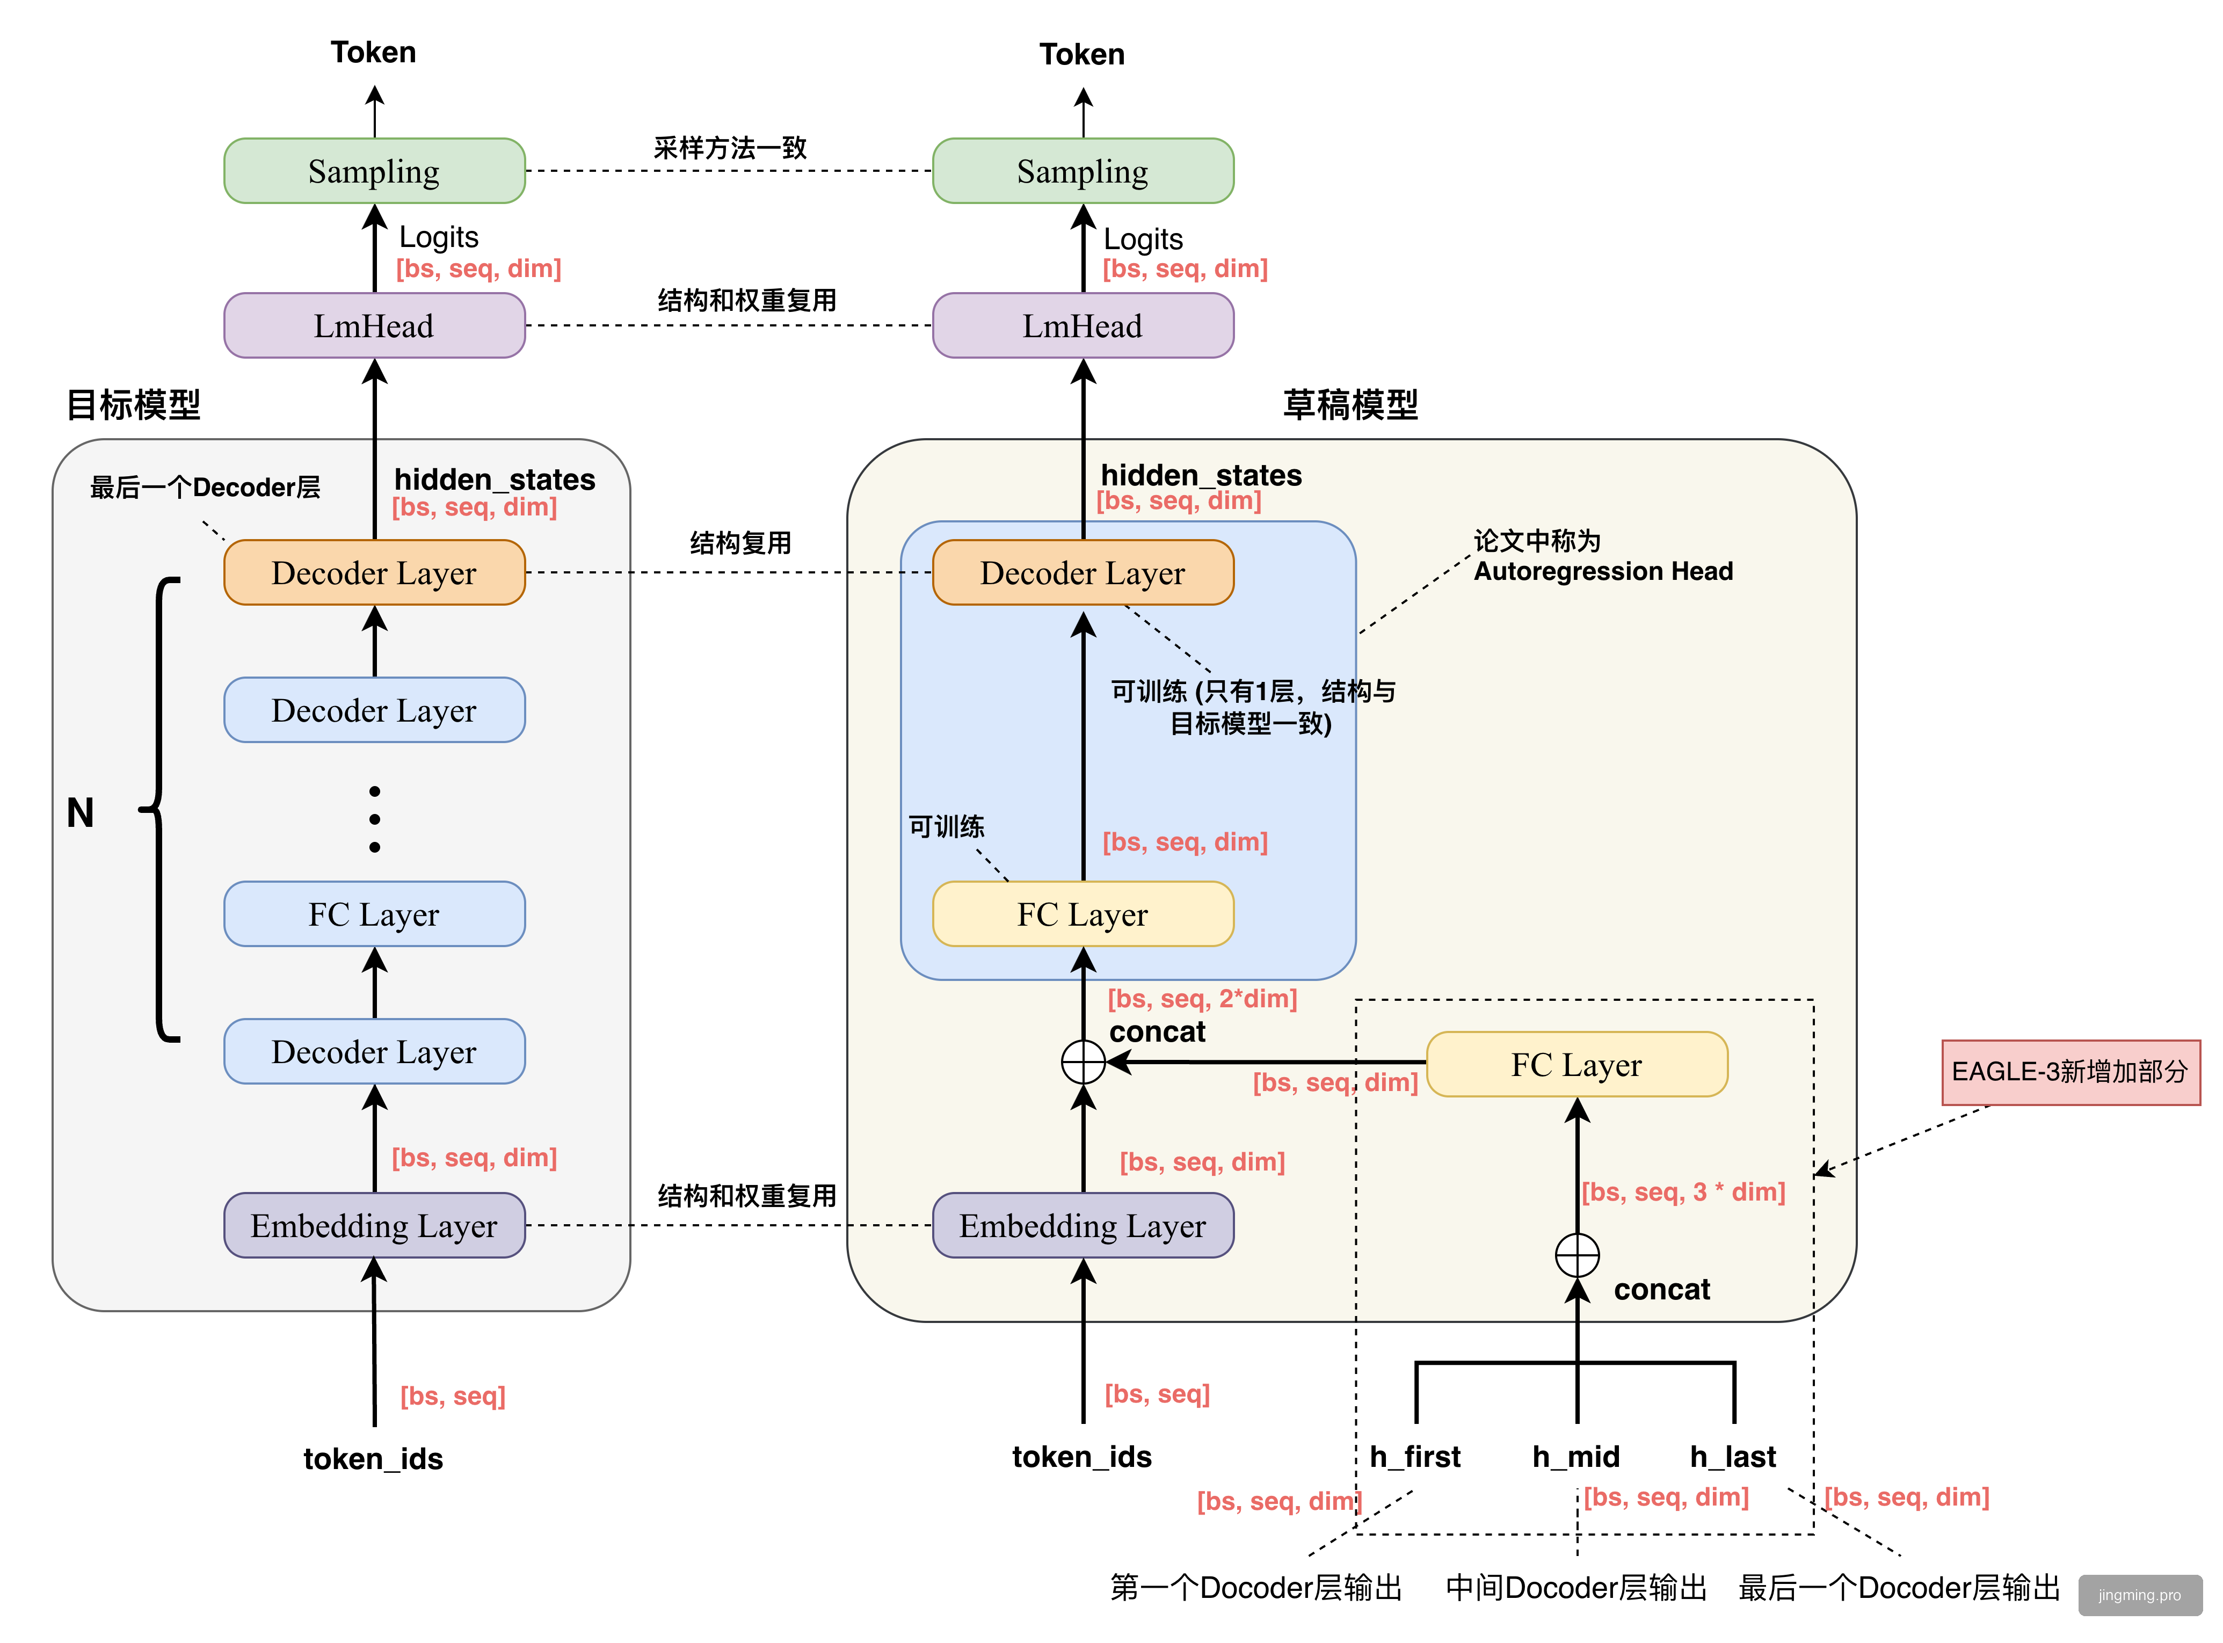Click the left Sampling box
coord(374,171)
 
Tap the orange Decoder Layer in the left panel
coord(374,573)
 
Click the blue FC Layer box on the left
coord(374,914)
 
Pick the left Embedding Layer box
coord(374,1225)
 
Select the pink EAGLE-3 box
coord(2070,1072)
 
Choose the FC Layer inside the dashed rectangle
coord(1577,1064)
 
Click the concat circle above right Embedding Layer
coord(1083,1062)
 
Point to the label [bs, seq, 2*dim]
coord(1202,999)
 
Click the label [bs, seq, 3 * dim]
coord(1683,1191)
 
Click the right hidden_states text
coord(1201,475)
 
